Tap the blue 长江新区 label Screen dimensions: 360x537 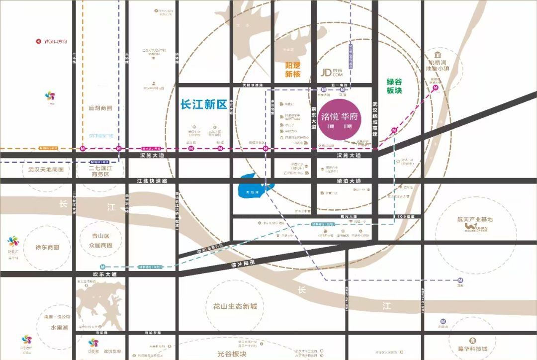(203, 105)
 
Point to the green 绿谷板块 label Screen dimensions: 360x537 (394, 86)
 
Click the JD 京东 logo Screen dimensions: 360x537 (333, 73)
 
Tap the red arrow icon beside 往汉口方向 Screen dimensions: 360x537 (38, 42)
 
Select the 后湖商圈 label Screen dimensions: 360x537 (100, 108)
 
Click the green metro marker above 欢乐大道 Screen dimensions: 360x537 (102, 267)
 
